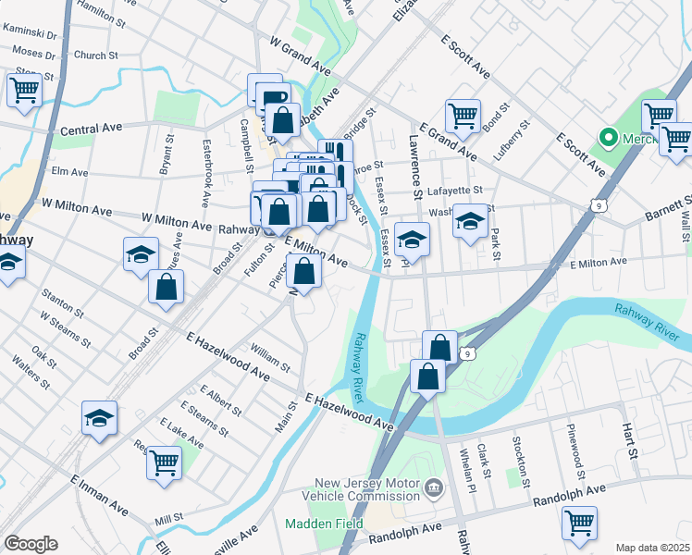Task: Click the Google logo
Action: click(x=31, y=544)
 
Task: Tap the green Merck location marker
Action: click(x=609, y=140)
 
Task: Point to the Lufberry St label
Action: click(x=510, y=141)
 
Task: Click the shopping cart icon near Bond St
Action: click(x=462, y=116)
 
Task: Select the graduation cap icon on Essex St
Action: click(x=412, y=240)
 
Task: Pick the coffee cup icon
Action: click(x=272, y=96)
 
